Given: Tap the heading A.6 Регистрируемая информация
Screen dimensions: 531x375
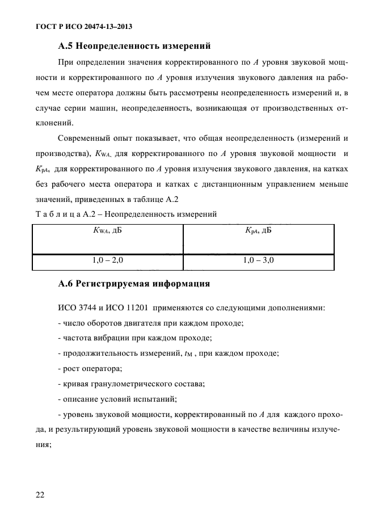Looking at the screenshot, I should (134, 283).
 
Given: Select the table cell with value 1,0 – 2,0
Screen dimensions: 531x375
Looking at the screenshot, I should (107, 260).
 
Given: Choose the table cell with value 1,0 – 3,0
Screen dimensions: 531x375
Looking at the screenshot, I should (259, 260).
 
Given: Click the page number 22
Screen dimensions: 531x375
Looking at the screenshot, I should (40, 495).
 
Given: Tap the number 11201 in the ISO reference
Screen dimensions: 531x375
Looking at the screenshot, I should (135, 307).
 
